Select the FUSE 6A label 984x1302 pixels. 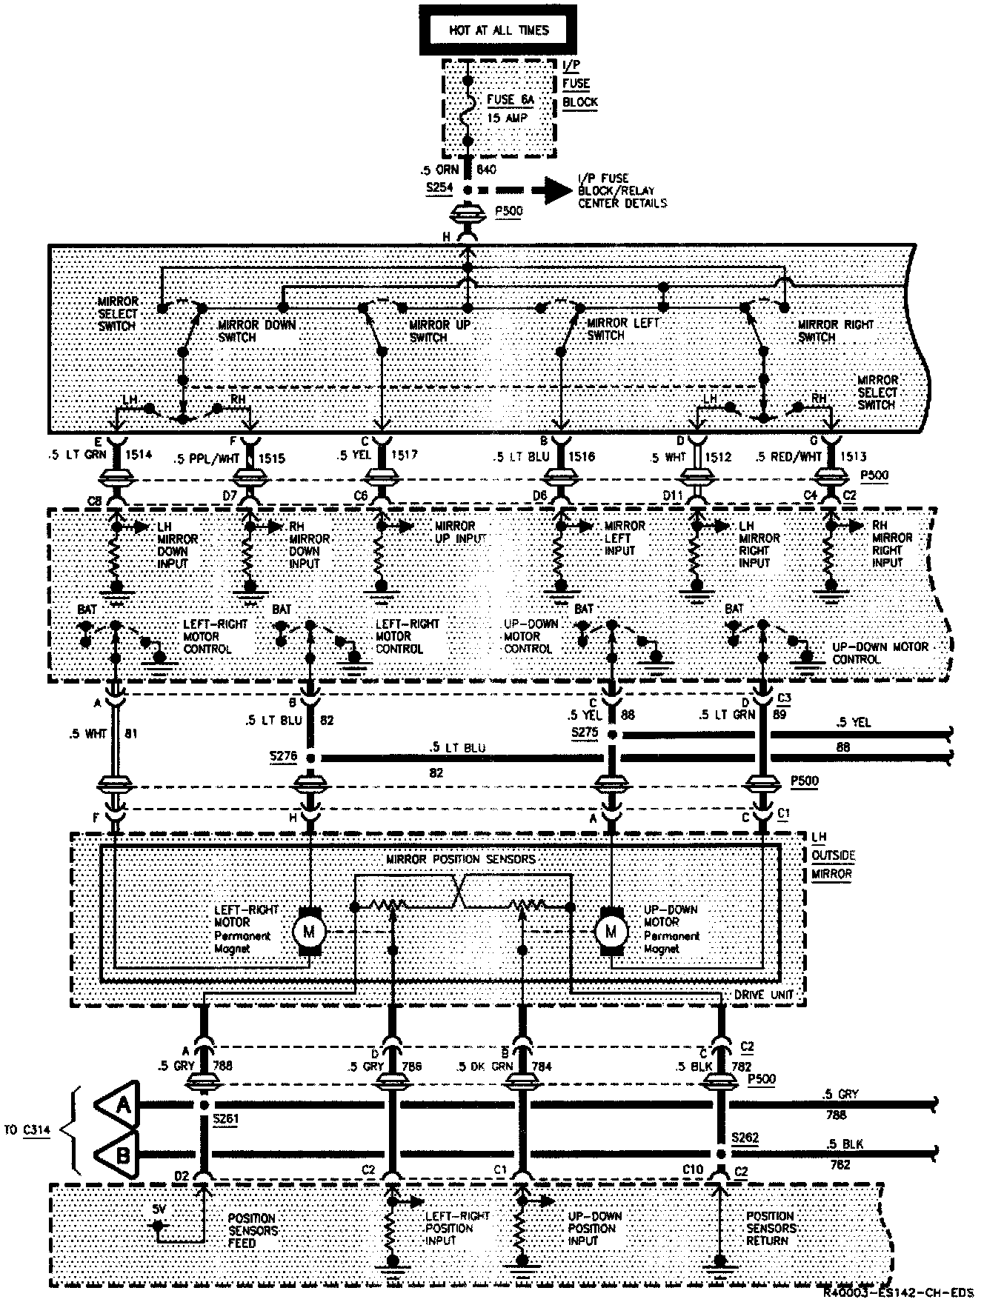pyautogui.click(x=511, y=99)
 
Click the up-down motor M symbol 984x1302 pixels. pyautogui.click(x=611, y=931)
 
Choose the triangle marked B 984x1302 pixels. pyautogui.click(x=122, y=1153)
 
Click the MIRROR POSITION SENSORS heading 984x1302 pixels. pyautogui.click(x=460, y=859)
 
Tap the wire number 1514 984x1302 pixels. pyautogui.click(x=139, y=455)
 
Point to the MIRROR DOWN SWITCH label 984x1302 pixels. pyautogui.click(x=257, y=330)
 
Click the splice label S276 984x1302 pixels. pyautogui.click(x=282, y=757)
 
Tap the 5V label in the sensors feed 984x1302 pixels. pyautogui.click(x=159, y=1209)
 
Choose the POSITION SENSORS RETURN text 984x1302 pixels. pyautogui.click(x=771, y=1228)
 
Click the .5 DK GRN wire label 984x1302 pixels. pyautogui.click(x=481, y=1066)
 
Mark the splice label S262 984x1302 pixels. pyautogui.click(x=745, y=1137)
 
